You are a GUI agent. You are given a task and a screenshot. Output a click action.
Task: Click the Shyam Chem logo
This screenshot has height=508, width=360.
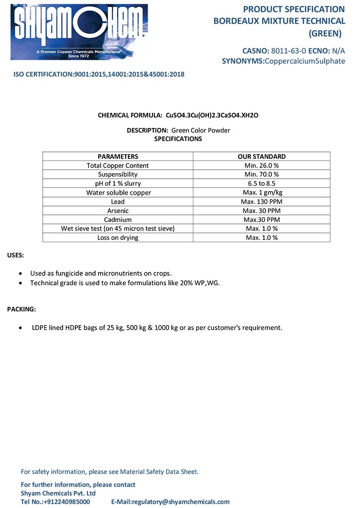tap(79, 32)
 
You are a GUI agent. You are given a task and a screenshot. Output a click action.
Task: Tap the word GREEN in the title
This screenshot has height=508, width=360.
tap(325, 33)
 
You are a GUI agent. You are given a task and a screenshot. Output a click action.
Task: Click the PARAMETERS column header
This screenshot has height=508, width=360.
tap(118, 157)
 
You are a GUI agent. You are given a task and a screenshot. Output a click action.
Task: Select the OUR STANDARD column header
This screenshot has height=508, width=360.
tap(262, 157)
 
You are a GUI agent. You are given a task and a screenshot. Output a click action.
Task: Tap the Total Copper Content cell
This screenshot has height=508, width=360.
tap(118, 166)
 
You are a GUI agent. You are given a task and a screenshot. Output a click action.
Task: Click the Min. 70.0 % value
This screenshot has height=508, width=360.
tap(262, 175)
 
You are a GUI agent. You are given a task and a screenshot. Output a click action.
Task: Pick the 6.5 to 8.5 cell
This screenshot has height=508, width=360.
tap(262, 183)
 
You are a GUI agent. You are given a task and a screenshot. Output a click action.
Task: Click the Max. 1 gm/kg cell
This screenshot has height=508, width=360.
tap(262, 192)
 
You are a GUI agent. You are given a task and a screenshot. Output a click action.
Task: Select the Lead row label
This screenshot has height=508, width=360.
tap(118, 202)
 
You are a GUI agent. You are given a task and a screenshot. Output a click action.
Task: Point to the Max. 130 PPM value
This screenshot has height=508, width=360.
tap(262, 202)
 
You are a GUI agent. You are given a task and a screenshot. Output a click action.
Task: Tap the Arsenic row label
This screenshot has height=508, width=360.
tap(118, 211)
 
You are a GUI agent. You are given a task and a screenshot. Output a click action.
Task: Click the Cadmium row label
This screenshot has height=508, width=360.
tap(118, 220)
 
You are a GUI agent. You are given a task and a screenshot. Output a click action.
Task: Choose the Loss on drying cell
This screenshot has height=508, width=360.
tap(118, 238)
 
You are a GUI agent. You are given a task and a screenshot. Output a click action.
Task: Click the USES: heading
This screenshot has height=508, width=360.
tap(16, 255)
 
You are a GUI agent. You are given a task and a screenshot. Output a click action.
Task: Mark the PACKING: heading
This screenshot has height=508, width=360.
tap(21, 309)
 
